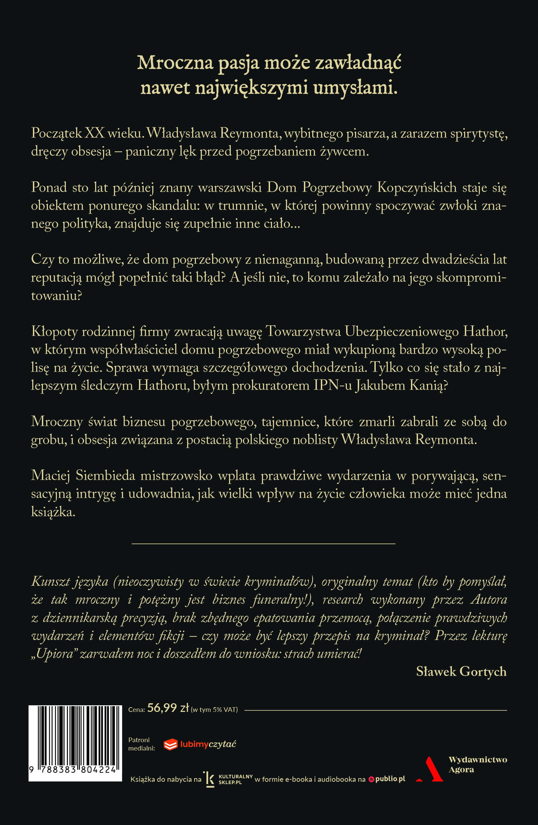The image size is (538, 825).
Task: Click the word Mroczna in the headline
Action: tap(175, 63)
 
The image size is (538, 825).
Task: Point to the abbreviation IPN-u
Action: tap(333, 386)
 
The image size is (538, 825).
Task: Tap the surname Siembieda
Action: tap(105, 475)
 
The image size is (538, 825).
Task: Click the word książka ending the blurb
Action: tap(53, 512)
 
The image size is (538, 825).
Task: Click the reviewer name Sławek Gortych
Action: tap(461, 672)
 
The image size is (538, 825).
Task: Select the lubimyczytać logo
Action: tap(200, 744)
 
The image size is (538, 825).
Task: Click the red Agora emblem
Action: tap(431, 769)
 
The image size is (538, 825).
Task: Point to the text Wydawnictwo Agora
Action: tap(477, 764)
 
